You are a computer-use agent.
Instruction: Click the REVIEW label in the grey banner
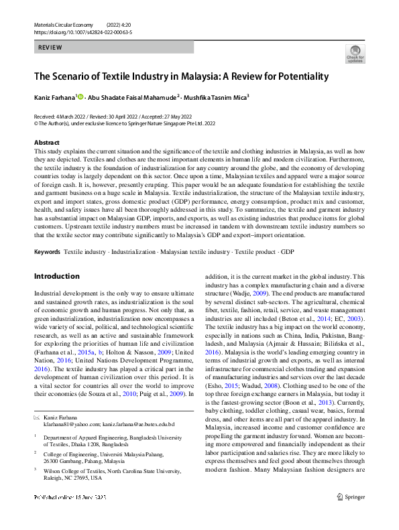click(x=50, y=48)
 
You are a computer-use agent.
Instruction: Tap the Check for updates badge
click(x=354, y=53)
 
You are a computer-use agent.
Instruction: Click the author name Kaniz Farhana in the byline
click(x=54, y=97)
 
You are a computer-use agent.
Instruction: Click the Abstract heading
click(x=47, y=143)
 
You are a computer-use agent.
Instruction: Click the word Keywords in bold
click(x=47, y=251)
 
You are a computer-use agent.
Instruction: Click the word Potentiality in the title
click(x=296, y=76)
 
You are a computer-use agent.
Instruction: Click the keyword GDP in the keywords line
click(x=287, y=251)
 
